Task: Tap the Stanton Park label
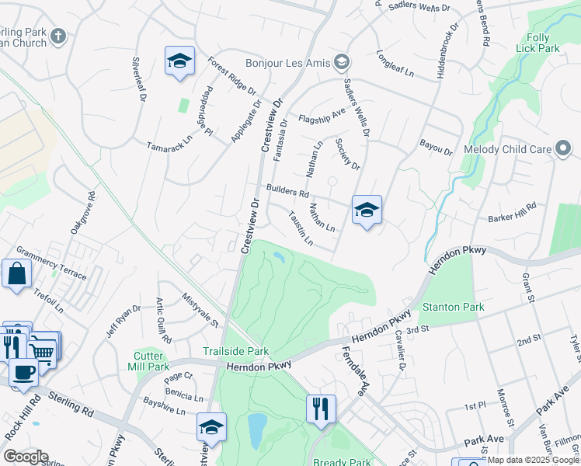pos(453,308)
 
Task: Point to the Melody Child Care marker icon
pos(564,149)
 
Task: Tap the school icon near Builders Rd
pos(367,210)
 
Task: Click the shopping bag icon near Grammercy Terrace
pos(16,274)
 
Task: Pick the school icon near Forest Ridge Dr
pos(179,61)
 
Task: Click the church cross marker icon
pos(59,37)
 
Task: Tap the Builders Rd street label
pos(287,190)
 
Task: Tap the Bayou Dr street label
pos(435,148)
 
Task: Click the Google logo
pos(26,457)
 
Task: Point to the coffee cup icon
pos(24,371)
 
